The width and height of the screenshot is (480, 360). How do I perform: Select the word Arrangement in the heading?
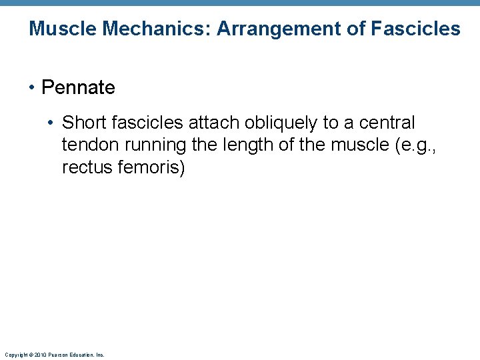point(275,29)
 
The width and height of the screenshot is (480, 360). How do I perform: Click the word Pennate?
point(78,87)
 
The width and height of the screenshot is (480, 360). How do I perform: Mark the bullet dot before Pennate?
point(33,88)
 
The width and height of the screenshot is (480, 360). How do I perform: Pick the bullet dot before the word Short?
point(53,123)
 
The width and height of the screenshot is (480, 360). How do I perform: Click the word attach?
point(208,123)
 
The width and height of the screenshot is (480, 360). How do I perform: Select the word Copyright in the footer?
point(14,355)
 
